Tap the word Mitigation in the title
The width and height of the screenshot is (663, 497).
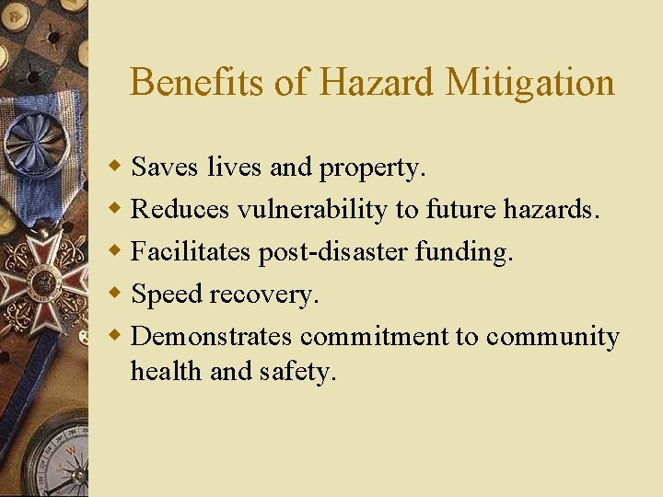pyautogui.click(x=530, y=83)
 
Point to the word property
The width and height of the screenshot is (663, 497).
pyautogui.click(x=372, y=168)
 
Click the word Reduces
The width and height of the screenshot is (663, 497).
pyautogui.click(x=180, y=210)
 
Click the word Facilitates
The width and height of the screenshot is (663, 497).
pyautogui.click(x=191, y=252)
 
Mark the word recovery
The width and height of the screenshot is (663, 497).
pyautogui.click(x=264, y=295)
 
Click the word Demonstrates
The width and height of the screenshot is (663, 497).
pyautogui.click(x=212, y=337)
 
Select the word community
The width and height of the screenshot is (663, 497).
pyautogui.click(x=552, y=337)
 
